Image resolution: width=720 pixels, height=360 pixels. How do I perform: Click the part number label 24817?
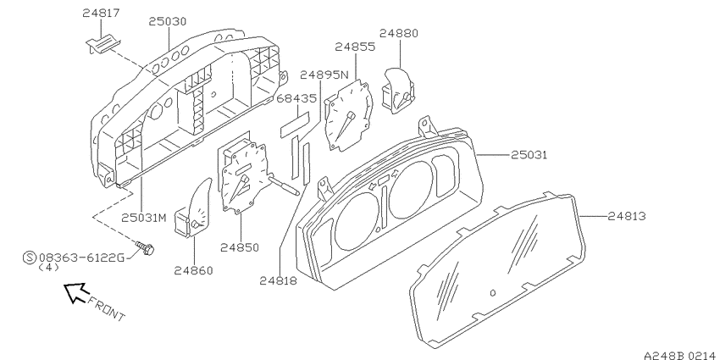(x=101, y=13)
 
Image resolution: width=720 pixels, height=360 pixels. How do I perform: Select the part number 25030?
(x=167, y=21)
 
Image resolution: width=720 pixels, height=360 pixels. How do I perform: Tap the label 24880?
(x=399, y=33)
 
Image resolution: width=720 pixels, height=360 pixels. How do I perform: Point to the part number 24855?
(x=355, y=47)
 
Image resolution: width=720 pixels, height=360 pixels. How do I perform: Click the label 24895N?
(x=324, y=75)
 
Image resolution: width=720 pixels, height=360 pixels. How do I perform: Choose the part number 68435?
(x=296, y=98)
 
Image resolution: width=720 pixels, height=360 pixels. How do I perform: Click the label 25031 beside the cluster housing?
(x=529, y=155)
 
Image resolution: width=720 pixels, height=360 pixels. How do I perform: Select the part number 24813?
(x=627, y=216)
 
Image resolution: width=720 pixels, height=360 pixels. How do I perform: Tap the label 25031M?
(x=144, y=218)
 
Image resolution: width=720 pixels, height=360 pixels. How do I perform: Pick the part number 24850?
(x=239, y=248)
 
